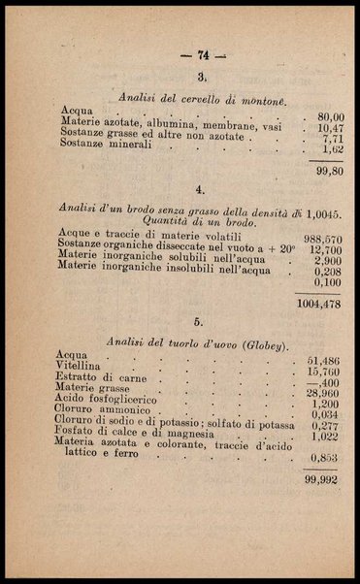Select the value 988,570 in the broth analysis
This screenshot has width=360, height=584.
tap(322, 239)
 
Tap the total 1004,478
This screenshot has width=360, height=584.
tap(319, 303)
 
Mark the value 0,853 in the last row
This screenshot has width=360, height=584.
tap(323, 457)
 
